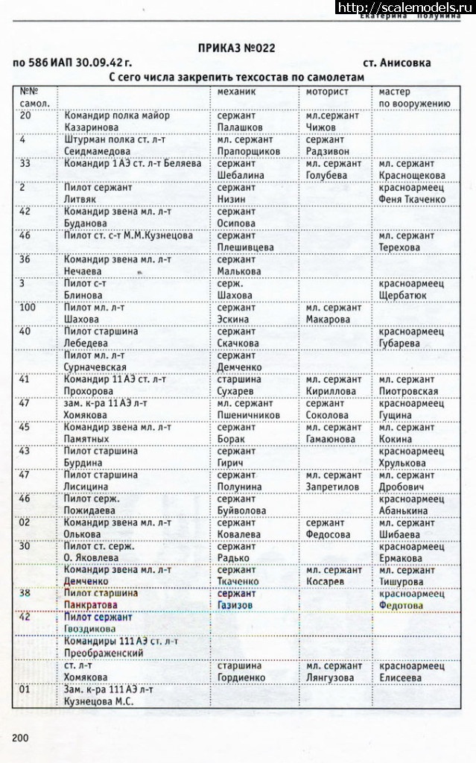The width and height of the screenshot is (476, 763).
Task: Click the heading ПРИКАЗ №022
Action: tap(236, 48)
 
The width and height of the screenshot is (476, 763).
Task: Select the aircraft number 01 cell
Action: tap(25, 689)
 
